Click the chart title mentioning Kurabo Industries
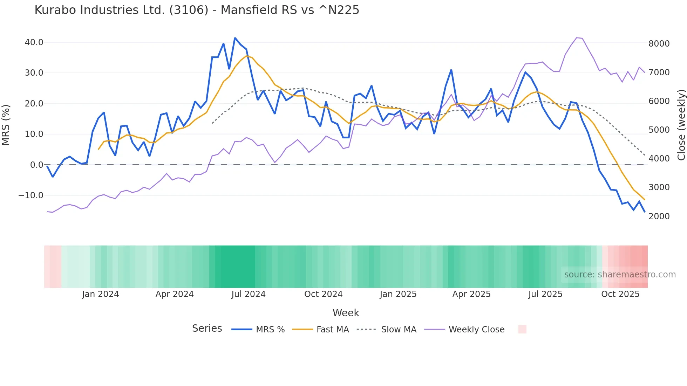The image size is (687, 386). pos(197,10)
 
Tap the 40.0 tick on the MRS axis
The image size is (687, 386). pos(34,42)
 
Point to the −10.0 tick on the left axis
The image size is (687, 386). pos(31,195)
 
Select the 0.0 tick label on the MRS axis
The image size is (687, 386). pos(36,165)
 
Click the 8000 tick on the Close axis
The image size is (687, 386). pos(659,44)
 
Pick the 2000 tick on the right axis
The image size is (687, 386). pos(659,216)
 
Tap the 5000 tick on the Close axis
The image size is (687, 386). pos(659,130)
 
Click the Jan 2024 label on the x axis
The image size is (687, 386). pos(101,294)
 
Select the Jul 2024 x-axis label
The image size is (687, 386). pos(249,294)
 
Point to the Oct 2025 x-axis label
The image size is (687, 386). pos(620,294)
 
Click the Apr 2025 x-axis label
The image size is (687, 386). pos(471,294)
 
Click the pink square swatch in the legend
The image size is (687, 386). pos(522,329)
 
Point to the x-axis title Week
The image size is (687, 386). pos(346,313)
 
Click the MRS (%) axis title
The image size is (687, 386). pos(6,125)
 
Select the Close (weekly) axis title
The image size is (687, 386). pos(681,125)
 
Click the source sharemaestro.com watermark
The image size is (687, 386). pos(620,275)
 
